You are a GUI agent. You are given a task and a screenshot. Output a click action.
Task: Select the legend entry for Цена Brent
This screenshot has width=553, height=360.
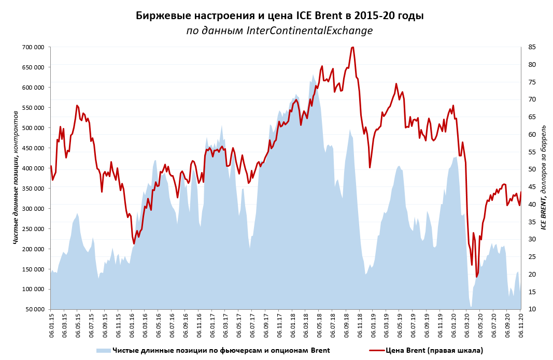[434, 351]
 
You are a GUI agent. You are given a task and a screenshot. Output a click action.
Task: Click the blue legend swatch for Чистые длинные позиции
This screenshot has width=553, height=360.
[103, 351]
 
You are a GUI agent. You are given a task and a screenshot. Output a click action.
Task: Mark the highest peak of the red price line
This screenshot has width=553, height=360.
[352, 47]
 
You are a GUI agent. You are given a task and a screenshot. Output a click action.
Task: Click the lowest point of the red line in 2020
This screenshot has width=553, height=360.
[477, 277]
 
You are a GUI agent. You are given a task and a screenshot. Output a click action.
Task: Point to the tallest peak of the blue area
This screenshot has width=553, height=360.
[313, 75]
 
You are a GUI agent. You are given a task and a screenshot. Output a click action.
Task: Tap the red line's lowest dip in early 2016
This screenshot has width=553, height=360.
[134, 244]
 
